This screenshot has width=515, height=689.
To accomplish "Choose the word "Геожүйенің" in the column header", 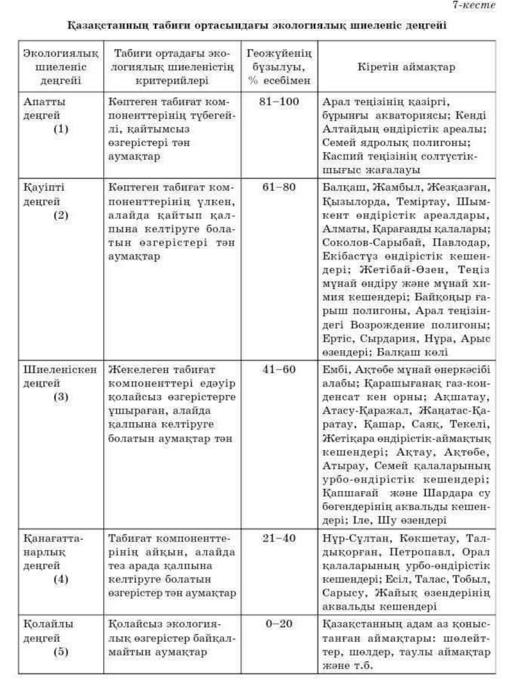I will (279, 55).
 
